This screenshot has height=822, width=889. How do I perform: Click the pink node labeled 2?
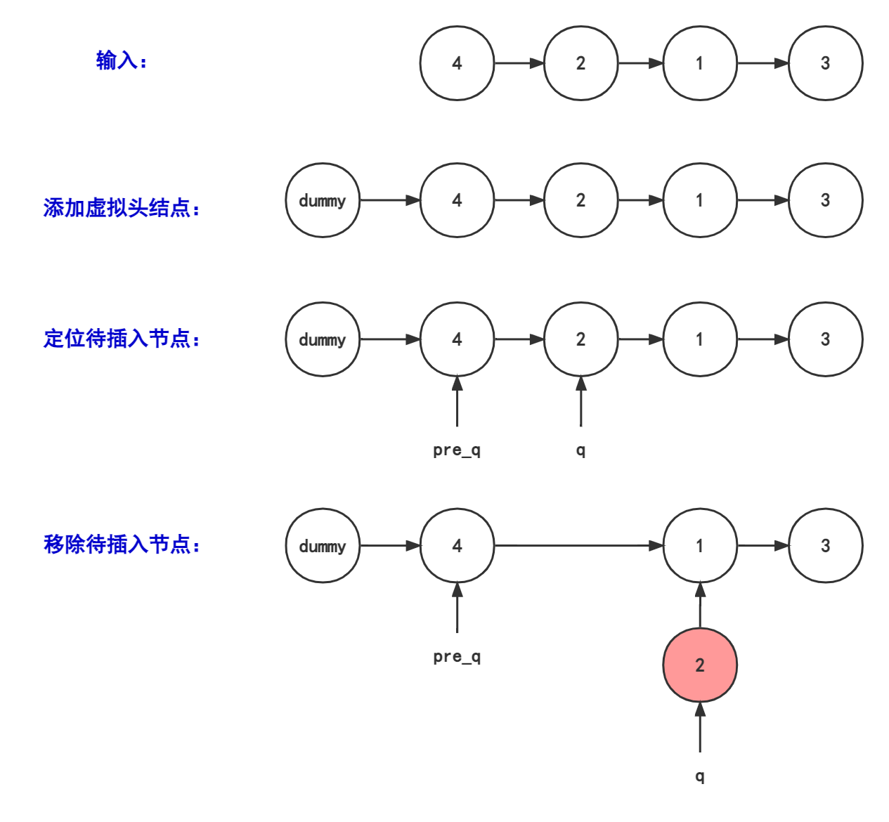click(x=699, y=665)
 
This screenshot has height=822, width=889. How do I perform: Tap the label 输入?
click(x=121, y=61)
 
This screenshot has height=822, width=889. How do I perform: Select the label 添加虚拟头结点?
click(x=122, y=208)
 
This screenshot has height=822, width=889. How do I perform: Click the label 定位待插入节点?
click(x=122, y=339)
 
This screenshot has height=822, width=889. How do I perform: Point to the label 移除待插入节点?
click(x=122, y=544)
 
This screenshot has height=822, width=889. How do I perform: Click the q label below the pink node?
click(x=699, y=776)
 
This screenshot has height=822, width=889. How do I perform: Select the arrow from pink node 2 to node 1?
click(x=699, y=605)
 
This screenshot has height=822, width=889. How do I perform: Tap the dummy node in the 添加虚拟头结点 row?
click(x=323, y=201)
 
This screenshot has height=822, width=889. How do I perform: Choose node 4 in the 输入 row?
click(x=457, y=63)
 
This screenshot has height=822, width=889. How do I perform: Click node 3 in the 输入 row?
click(x=825, y=63)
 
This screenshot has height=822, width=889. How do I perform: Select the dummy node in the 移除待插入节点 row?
click(x=323, y=546)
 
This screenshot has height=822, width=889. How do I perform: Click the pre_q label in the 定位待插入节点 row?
click(x=457, y=450)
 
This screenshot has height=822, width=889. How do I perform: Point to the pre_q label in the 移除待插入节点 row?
click(x=457, y=656)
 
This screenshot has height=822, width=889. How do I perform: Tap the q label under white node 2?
click(x=580, y=450)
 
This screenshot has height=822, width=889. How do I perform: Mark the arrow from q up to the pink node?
click(x=699, y=727)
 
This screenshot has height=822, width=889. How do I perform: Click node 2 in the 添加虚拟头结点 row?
click(x=580, y=201)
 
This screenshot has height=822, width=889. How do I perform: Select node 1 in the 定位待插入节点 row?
click(x=699, y=339)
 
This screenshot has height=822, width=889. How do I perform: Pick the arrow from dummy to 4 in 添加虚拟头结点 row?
click(x=390, y=201)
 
